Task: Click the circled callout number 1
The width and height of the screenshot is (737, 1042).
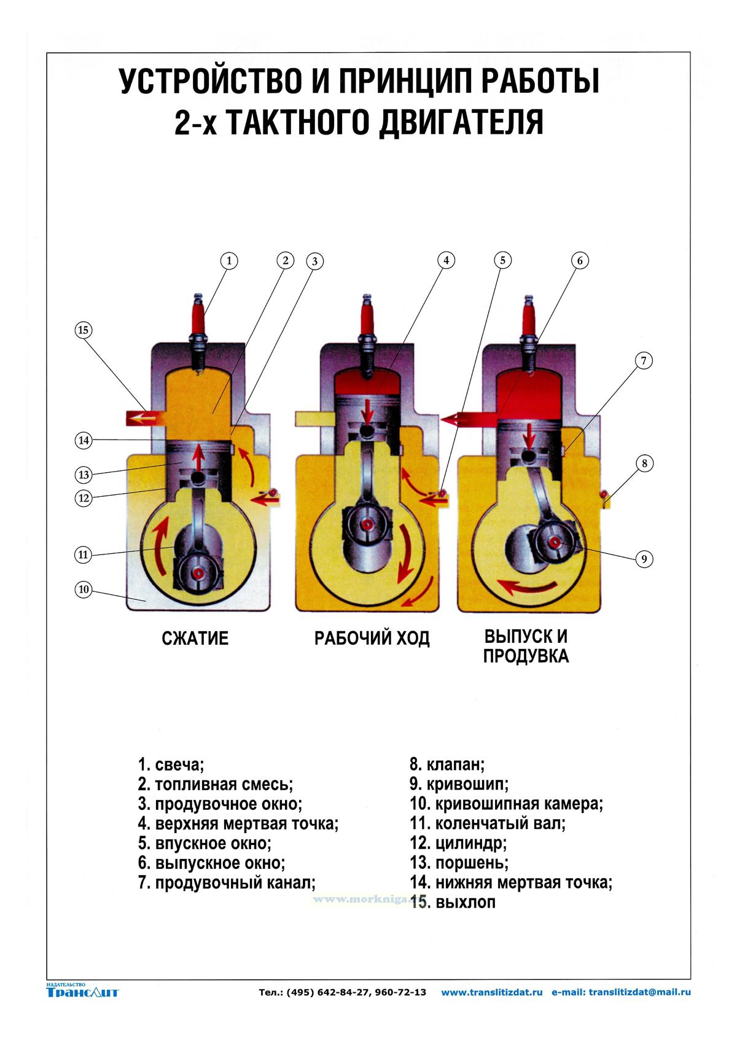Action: pos(228,260)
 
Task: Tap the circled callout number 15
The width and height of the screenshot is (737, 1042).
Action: pos(84,330)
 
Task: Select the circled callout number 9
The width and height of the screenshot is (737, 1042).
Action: pos(644,559)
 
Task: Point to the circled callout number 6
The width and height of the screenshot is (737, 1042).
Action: pos(580,260)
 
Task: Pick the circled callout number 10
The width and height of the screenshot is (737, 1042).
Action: pos(84,590)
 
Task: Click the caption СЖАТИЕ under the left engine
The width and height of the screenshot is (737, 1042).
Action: pos(195,638)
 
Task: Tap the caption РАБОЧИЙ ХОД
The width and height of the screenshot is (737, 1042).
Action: pos(372,638)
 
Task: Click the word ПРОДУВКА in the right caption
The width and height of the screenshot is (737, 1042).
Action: pos(526,656)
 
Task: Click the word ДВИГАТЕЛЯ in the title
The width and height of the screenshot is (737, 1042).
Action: pos(461,122)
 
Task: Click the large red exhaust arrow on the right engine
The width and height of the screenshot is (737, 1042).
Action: pos(469,419)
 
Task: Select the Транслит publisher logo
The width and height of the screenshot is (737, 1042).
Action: pos(82,991)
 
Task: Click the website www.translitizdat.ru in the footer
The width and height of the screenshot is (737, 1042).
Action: pos(491,992)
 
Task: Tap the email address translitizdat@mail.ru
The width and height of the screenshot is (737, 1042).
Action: pos(639,992)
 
